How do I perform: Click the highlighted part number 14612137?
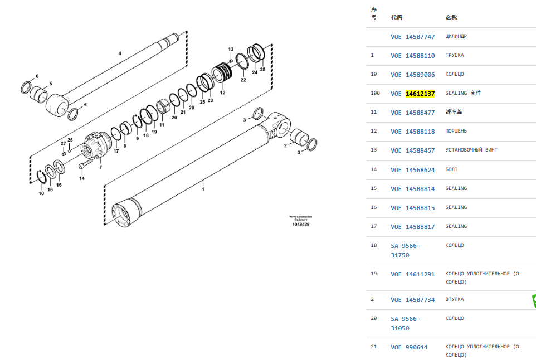(420, 94)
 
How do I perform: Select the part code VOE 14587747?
(413, 37)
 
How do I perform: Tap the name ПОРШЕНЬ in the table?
(456, 131)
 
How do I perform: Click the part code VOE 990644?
(409, 347)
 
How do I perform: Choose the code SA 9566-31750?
(405, 251)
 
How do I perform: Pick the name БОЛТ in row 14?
(451, 169)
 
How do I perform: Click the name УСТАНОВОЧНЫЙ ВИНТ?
(471, 150)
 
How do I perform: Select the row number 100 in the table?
(375, 93)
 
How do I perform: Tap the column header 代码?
(397, 17)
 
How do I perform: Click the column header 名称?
(451, 17)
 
